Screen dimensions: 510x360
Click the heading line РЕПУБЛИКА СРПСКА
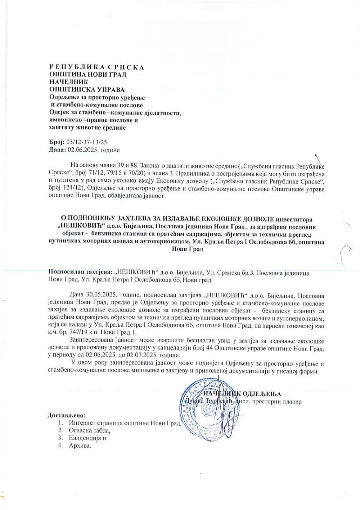(96, 67)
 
